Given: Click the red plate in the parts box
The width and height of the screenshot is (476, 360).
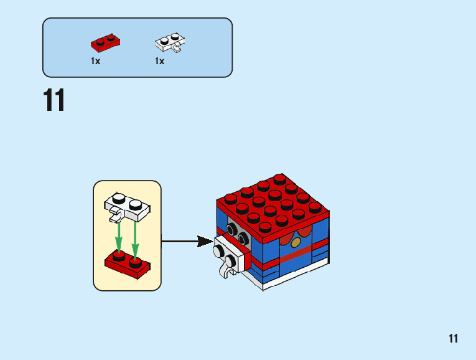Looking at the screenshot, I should [105, 43].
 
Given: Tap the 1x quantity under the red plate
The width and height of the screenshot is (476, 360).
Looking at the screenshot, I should [95, 61].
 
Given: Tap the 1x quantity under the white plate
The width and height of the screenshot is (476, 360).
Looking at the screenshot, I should [159, 61].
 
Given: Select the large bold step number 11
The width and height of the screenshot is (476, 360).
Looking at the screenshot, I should [54, 101].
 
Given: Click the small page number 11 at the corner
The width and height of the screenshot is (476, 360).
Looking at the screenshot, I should [453, 339].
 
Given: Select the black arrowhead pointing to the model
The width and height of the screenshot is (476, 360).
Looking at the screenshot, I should [205, 241].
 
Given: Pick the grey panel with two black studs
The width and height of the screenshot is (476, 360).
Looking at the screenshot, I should [237, 233].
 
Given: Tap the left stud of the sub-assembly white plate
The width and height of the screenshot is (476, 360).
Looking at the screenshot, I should [118, 200].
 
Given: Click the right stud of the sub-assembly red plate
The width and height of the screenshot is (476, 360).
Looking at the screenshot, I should [135, 256].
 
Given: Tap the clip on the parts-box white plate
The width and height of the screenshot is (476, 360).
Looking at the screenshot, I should [178, 48].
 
